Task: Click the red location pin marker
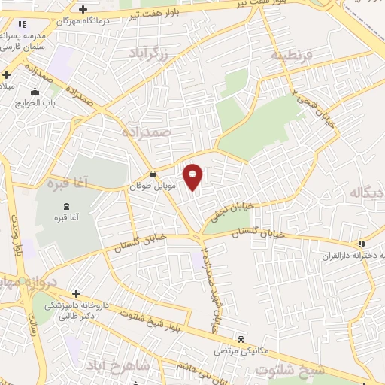(x=193, y=177)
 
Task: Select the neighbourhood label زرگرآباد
(x=156, y=53)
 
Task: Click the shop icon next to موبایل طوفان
(x=153, y=173)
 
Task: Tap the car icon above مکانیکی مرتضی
(x=241, y=339)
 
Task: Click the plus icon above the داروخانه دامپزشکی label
(x=76, y=293)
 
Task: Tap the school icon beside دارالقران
(x=362, y=244)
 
